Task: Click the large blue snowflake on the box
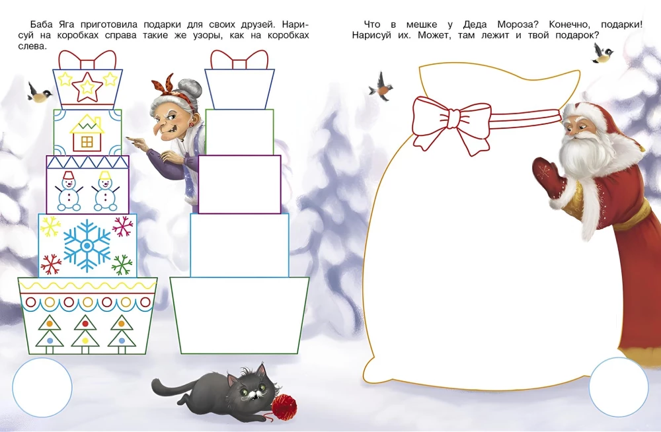[x=87, y=246]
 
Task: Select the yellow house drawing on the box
[x=87, y=133]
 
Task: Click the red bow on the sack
[x=451, y=123]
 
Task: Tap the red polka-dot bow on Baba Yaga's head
[x=169, y=90]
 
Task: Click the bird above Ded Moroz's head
[x=602, y=54]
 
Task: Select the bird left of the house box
[x=40, y=92]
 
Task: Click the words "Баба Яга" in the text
[x=53, y=24]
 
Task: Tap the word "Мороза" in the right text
[x=514, y=25]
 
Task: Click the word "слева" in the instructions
[x=32, y=46]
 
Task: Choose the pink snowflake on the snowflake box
[x=123, y=227]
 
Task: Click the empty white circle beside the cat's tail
[x=42, y=387]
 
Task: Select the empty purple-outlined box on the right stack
[x=239, y=184]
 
